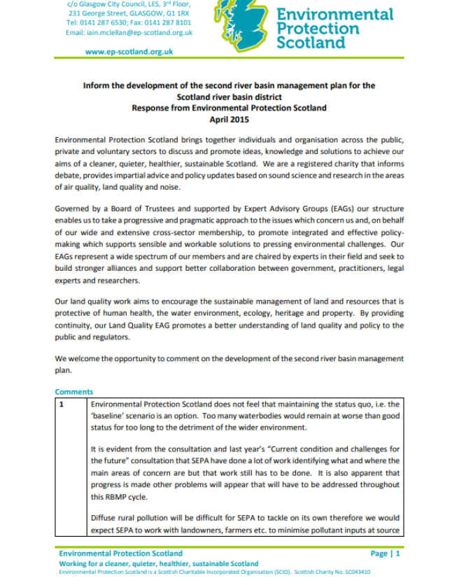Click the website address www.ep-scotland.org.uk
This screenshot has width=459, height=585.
pyautogui.click(x=129, y=52)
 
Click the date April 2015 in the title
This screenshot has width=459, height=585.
pyautogui.click(x=229, y=120)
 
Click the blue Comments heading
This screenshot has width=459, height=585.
pyautogui.click(x=73, y=392)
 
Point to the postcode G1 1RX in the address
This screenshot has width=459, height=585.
pyautogui.click(x=176, y=13)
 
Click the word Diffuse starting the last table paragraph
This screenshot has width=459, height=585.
pyautogui.click(x=104, y=519)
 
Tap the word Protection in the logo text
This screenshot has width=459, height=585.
pyautogui.click(x=318, y=28)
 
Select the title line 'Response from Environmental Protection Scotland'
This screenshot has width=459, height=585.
pyautogui.click(x=229, y=108)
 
